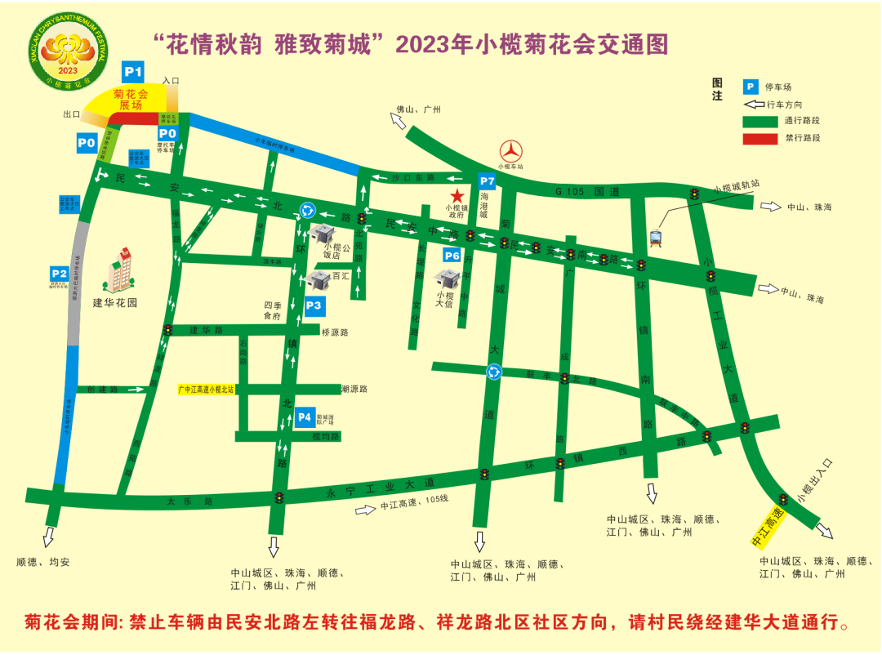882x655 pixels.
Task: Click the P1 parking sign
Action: (133, 71)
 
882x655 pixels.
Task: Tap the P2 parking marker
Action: (59, 273)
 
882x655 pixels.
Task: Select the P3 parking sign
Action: (315, 305)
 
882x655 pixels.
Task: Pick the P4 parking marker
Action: (305, 417)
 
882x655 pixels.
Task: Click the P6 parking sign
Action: (452, 256)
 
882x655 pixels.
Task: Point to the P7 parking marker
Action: (487, 180)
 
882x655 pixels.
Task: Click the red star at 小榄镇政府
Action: (457, 196)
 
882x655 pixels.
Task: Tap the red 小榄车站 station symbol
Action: (512, 151)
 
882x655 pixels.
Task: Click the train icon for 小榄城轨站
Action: (655, 238)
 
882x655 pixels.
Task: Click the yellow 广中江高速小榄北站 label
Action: (206, 390)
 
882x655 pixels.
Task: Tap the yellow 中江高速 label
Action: (768, 527)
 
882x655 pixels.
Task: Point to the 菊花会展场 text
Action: (131, 100)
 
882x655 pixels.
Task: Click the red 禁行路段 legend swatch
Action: (759, 138)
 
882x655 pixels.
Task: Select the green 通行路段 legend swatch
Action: (759, 121)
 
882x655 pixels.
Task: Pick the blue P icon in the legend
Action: (750, 87)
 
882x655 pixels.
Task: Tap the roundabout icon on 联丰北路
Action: (493, 372)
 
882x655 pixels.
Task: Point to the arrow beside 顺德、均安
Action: (48, 537)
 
